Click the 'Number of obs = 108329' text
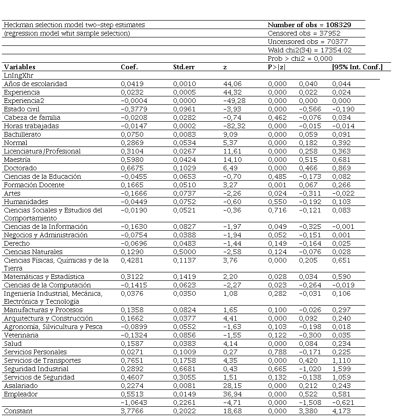309,25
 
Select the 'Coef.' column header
129,67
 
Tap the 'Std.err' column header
184,67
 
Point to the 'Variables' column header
20,67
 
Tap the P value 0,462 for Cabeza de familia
277,117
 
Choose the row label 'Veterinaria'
21,335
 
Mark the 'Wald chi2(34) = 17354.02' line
310,50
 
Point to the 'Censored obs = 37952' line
304,33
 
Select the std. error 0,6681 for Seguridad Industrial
183,369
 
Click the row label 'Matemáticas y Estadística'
44,277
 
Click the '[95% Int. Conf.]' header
357,67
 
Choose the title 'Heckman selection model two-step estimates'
74,25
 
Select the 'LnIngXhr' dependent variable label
18,75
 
